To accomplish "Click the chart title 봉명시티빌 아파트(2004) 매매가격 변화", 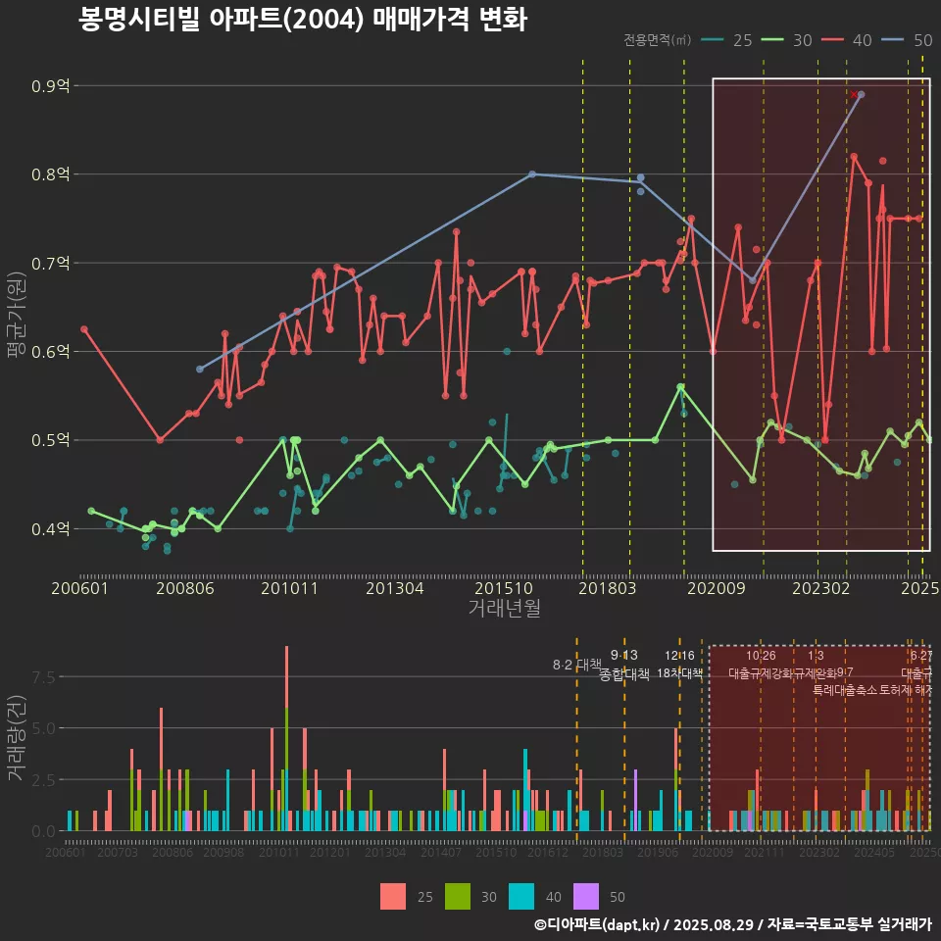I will (303, 21).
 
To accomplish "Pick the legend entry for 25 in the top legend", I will (730, 40).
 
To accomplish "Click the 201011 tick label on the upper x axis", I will (290, 589).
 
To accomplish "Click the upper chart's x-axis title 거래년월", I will (504, 609).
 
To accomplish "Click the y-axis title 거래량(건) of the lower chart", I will (17, 737).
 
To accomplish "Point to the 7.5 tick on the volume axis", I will (45, 677).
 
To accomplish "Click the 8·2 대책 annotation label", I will (577, 665).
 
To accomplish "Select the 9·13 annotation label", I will (623, 655).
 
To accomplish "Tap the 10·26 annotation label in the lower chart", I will (761, 655).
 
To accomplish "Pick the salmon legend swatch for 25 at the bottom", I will (393, 896).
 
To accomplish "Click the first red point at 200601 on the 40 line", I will (84, 329).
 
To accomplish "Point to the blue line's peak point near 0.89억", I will (861, 94).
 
